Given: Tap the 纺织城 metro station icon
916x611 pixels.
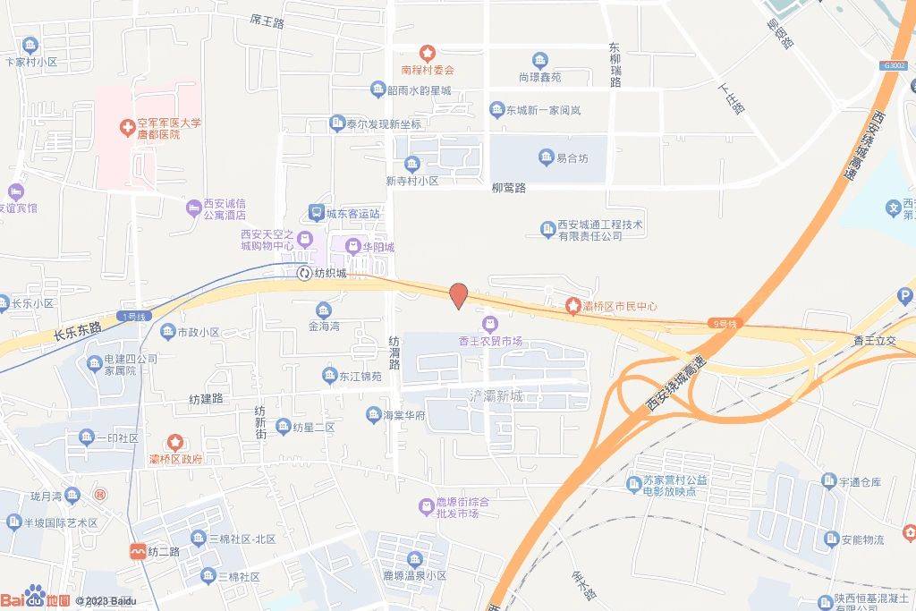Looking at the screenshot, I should point(305,273).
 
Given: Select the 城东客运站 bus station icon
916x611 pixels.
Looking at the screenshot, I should point(316,213).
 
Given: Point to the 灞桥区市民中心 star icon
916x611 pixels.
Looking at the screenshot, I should point(572,307).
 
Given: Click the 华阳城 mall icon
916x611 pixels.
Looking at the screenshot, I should point(352,246).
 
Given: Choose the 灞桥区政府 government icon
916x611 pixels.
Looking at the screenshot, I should point(175,442).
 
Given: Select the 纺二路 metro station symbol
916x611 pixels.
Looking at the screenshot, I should point(139,551).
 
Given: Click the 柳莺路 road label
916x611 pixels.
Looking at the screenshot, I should point(509,188).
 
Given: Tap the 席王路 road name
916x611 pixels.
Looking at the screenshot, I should point(267,21).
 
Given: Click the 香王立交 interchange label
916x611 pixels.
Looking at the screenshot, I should point(875,341).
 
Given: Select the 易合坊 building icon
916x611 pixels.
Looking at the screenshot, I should point(546,158).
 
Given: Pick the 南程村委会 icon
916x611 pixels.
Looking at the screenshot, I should point(428,53).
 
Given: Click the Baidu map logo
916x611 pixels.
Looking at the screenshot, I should point(36,598).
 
